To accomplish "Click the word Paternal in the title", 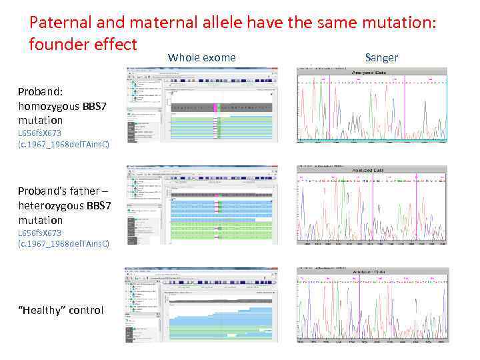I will point(61,23).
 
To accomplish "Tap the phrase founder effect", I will point(83,45).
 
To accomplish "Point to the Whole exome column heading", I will point(201,57).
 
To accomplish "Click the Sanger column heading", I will point(381,57).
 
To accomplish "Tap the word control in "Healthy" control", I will point(85,310).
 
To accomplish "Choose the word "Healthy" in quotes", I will point(41,310).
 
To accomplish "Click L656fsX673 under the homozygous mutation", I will point(40,133).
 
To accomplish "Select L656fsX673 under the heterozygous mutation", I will point(40,233).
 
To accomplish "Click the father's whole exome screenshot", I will point(200,204).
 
